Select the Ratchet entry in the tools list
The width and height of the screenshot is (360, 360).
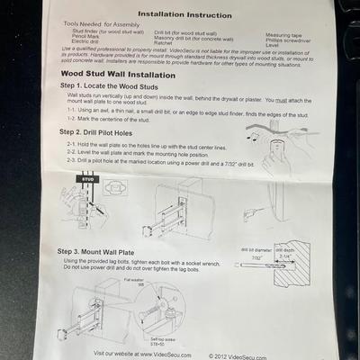(165, 42)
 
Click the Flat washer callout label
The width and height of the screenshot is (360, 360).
(134, 281)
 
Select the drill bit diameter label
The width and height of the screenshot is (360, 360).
(257, 249)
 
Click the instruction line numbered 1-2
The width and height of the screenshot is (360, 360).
(126, 119)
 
